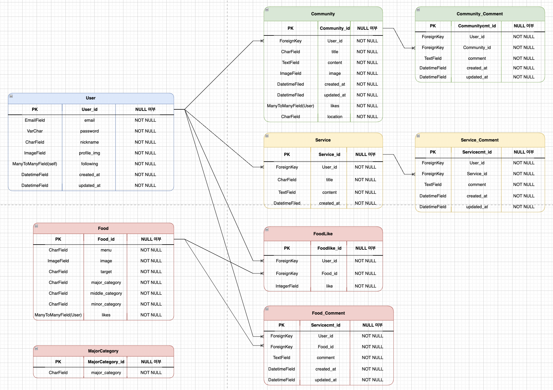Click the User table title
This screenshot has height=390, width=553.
coord(91,98)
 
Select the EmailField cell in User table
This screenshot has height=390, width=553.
coord(35,120)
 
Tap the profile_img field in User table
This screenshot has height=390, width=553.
coord(89,153)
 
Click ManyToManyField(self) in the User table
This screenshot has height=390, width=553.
coord(35,164)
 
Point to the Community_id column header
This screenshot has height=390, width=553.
coord(335,28)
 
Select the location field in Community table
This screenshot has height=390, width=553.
coord(335,117)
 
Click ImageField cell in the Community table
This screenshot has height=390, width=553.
coord(290,73)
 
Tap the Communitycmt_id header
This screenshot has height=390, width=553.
coord(477,26)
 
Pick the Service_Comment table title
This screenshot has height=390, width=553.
coord(479,140)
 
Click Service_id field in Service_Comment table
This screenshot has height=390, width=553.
coord(477,174)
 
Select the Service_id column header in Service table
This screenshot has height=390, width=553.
coord(329,154)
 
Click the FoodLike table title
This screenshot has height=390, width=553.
coord(323,234)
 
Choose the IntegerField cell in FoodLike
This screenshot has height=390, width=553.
coord(287,286)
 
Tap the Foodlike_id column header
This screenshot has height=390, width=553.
coord(329,248)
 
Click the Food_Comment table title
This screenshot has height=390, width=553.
coord(328,313)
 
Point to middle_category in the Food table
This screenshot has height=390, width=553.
coord(106,293)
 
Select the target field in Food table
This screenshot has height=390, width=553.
coord(106,272)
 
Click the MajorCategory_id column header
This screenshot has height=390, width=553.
coord(106,362)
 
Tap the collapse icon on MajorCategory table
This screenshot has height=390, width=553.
coord(36,349)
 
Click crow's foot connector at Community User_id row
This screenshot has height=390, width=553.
coord(262,41)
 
